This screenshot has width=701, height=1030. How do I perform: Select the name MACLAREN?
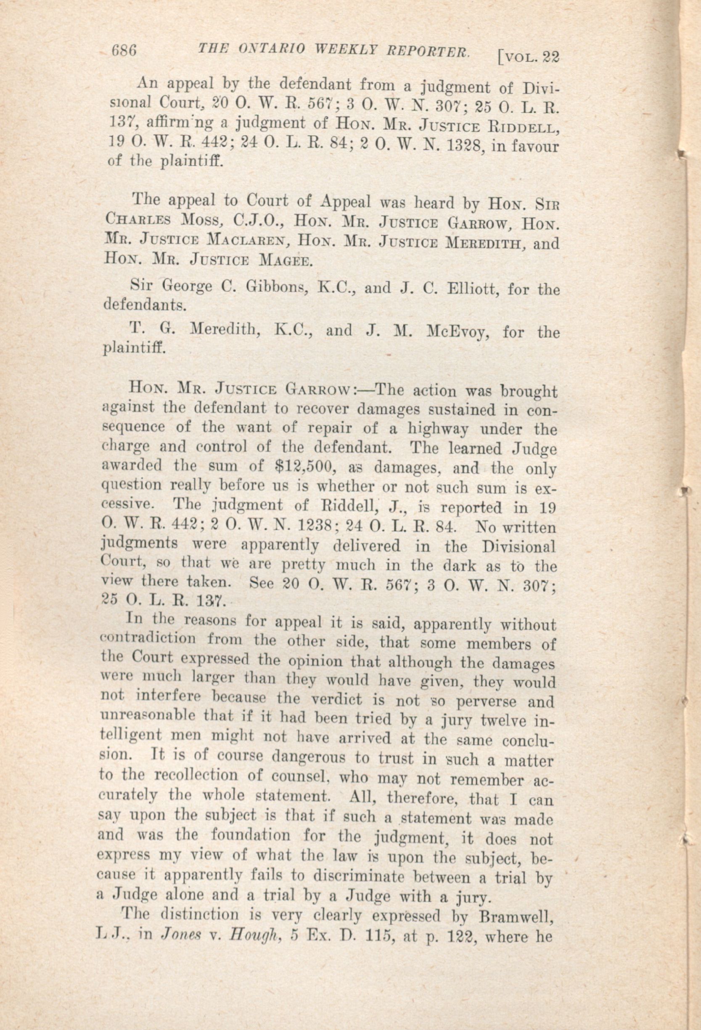(250, 243)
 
